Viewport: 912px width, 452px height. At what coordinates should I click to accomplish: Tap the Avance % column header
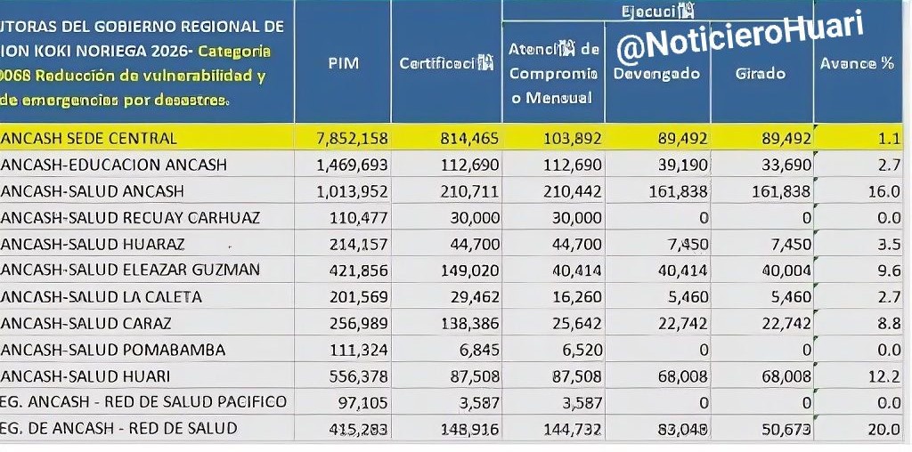click(857, 64)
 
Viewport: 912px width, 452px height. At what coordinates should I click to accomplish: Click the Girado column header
click(761, 73)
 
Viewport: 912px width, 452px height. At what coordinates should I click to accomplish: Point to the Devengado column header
click(656, 73)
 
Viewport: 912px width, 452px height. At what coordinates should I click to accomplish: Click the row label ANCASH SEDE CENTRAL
click(88, 138)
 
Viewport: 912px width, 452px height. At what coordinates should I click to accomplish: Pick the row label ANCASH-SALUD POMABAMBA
click(112, 349)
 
